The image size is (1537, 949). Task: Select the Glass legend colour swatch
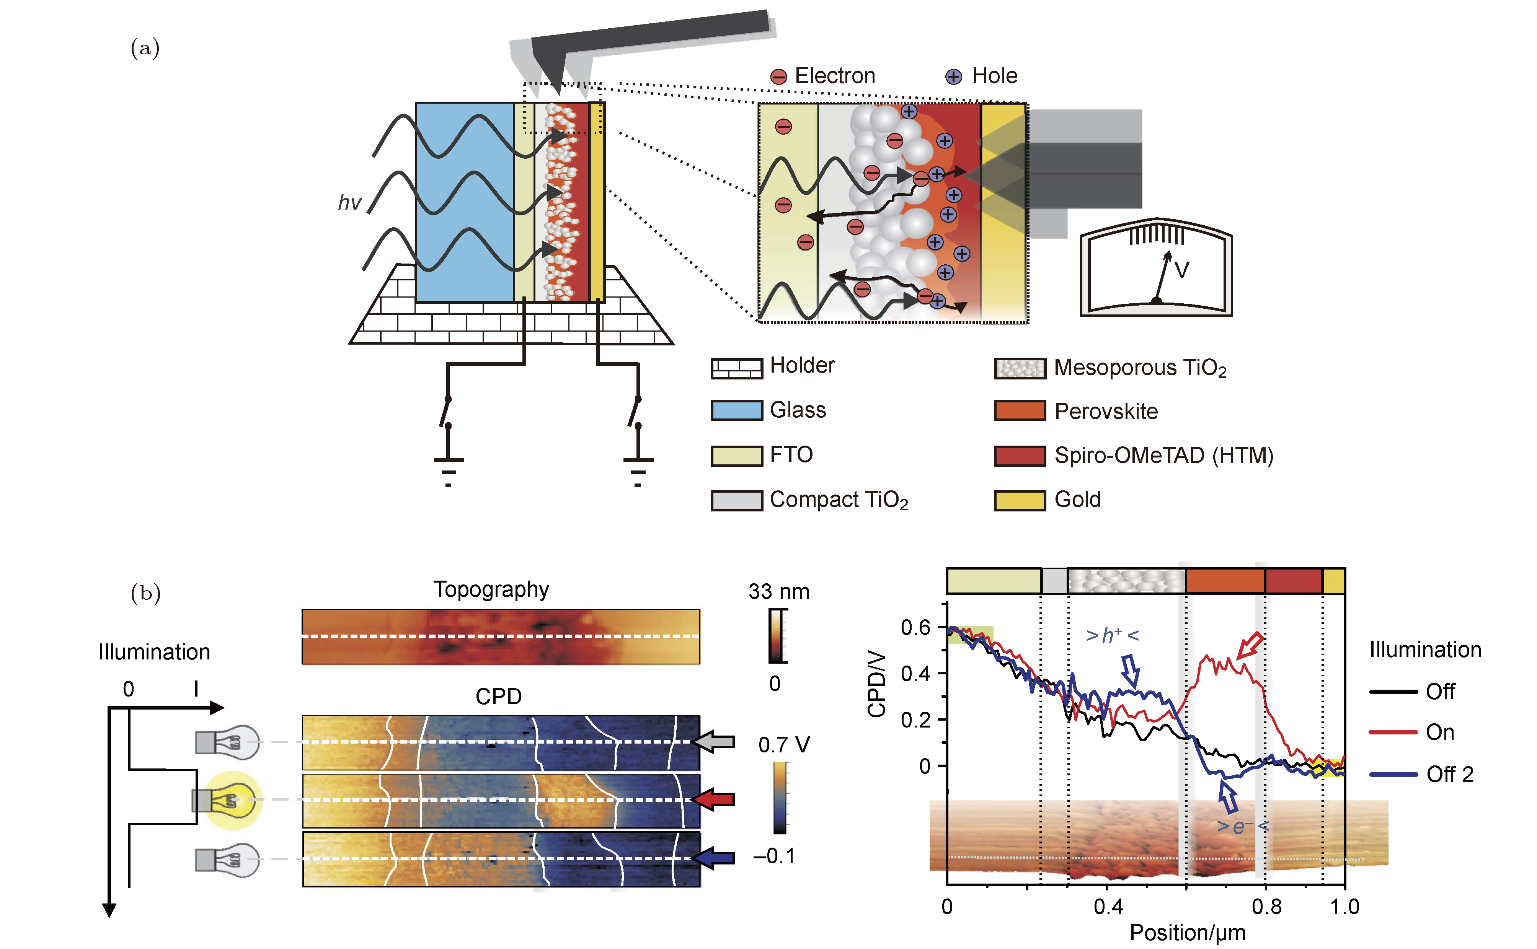tap(736, 410)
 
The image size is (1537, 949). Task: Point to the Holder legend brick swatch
tap(736, 368)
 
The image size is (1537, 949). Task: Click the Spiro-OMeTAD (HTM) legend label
tap(1163, 455)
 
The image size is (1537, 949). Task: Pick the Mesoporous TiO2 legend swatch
tap(1020, 368)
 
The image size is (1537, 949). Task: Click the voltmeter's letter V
tap(1181, 270)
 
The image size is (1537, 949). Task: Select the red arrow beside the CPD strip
tap(713, 799)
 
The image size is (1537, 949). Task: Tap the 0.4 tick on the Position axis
tap(1108, 906)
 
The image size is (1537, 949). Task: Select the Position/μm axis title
tap(1187, 933)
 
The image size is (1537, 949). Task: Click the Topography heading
tap(491, 589)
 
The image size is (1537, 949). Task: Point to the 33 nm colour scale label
tap(778, 591)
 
